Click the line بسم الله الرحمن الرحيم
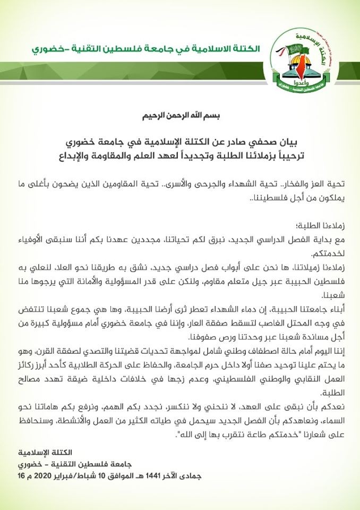pyautogui.click(x=181, y=116)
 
